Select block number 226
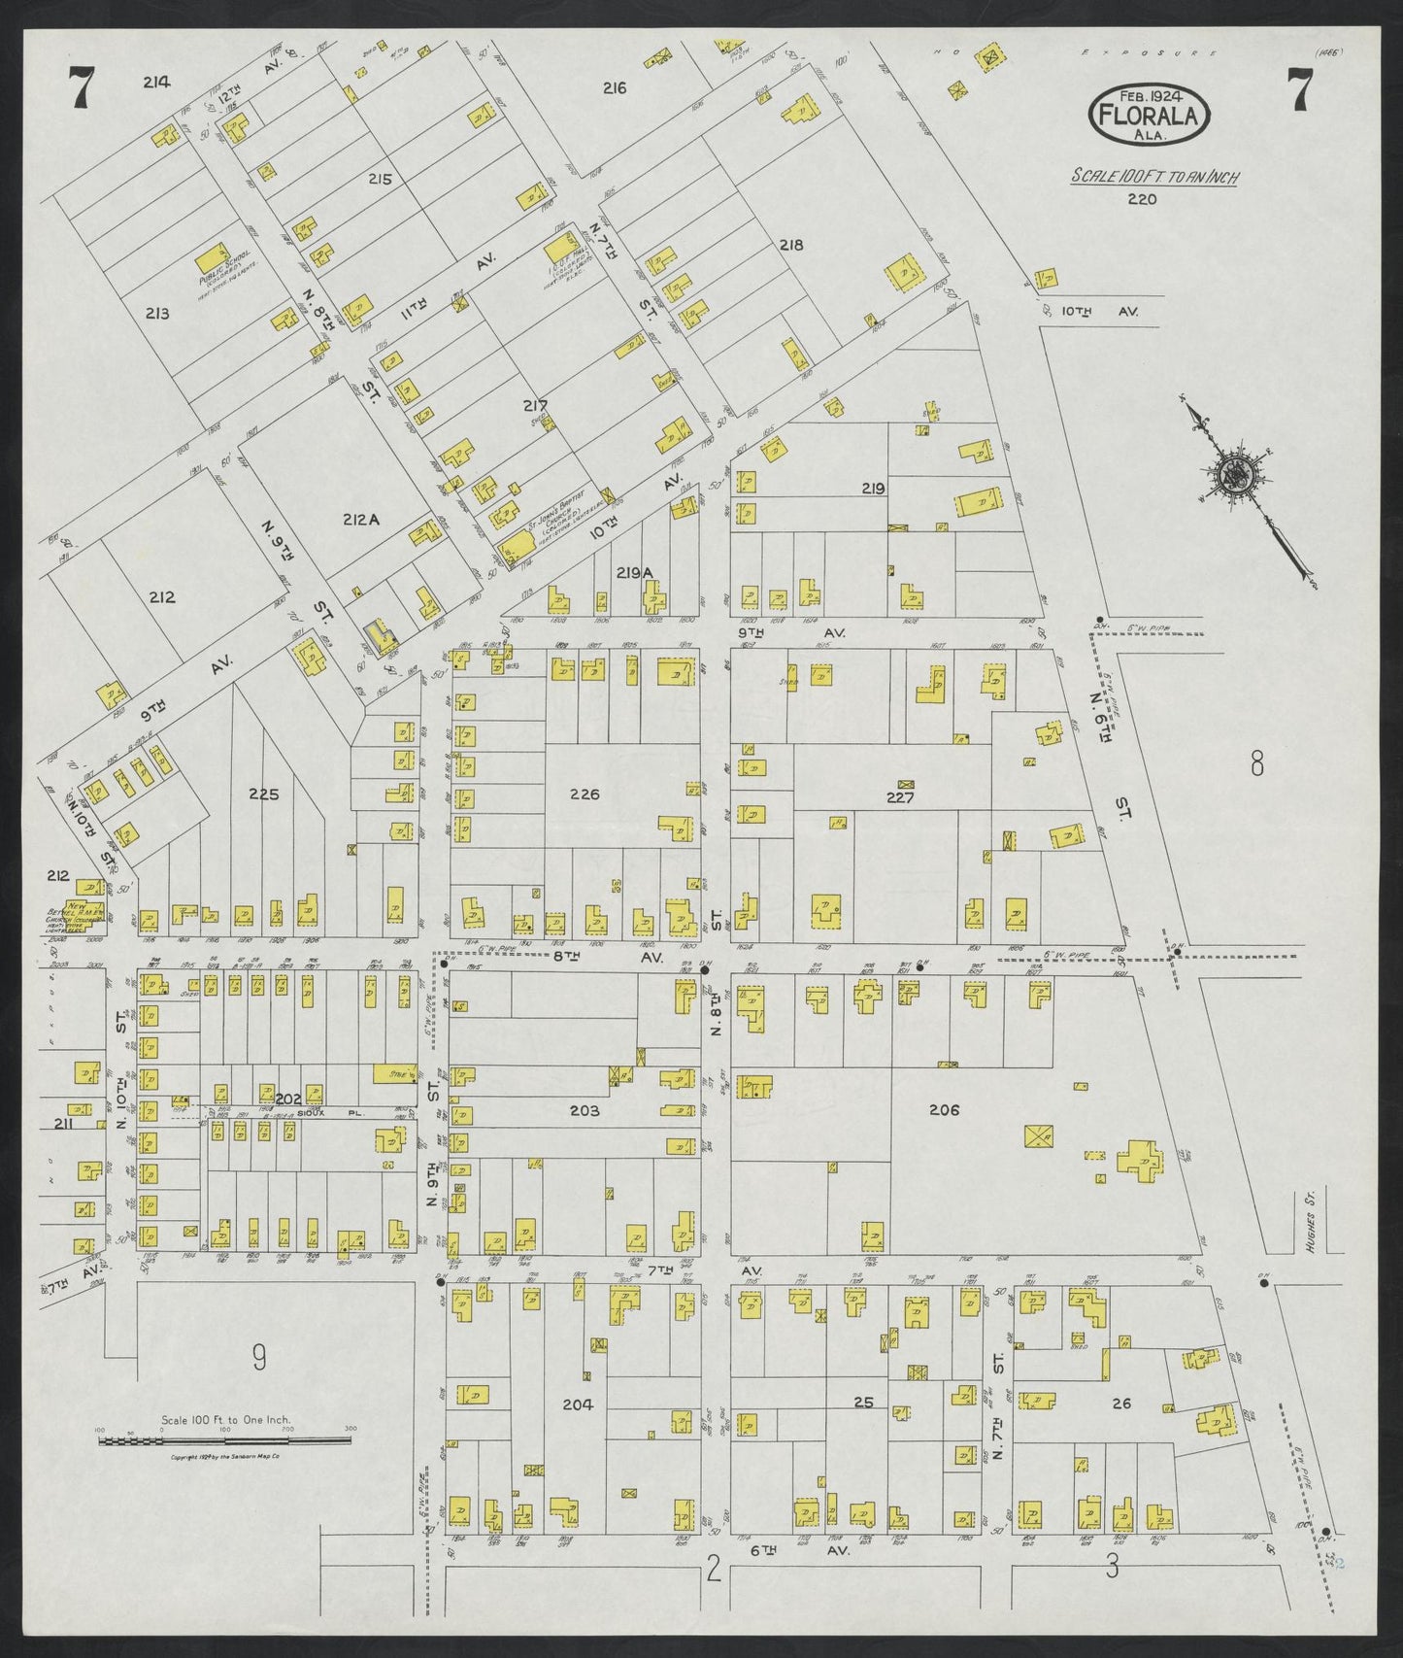pos(585,795)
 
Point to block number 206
pos(944,1109)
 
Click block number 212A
pos(359,521)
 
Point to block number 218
pos(791,246)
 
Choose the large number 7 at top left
pos(81,91)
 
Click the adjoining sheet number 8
pos(1256,766)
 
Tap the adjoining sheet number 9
pos(258,1357)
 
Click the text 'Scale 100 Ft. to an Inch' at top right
pos(1154,177)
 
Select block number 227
pos(900,797)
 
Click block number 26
pos(1121,1403)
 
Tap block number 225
pos(263,795)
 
